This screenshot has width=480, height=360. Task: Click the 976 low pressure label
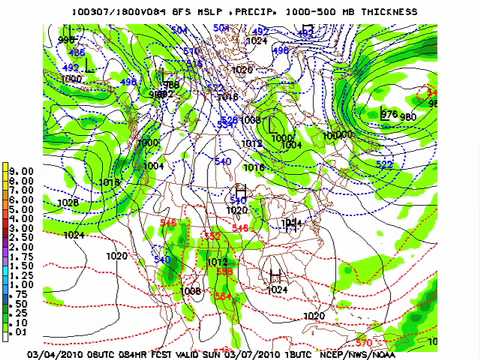389,114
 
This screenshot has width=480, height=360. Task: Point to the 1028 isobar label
68,202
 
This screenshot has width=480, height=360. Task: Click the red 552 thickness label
212,236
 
